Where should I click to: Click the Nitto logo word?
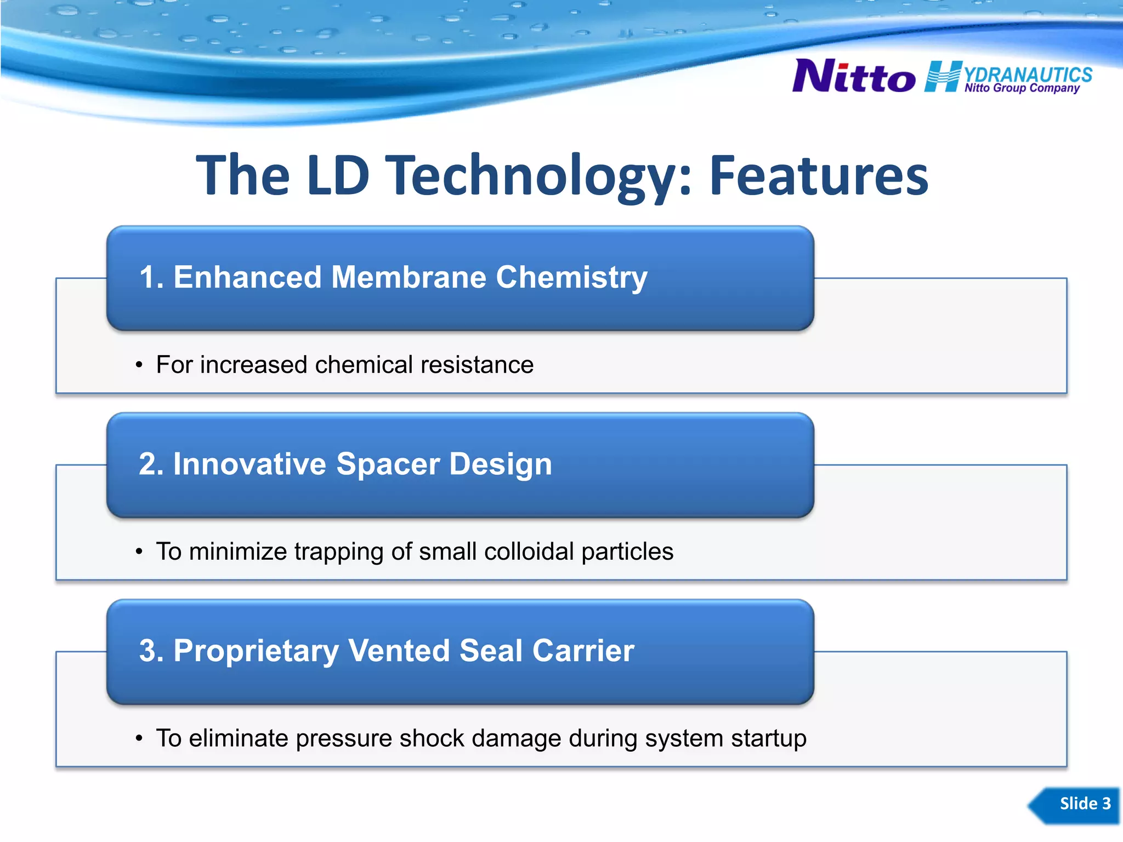click(853, 77)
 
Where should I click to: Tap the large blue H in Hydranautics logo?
click(942, 77)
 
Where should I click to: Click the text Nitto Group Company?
click(1022, 88)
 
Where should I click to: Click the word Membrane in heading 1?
click(409, 277)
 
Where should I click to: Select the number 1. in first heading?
click(151, 277)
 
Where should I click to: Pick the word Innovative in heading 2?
click(249, 464)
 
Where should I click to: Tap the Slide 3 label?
click(1084, 804)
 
